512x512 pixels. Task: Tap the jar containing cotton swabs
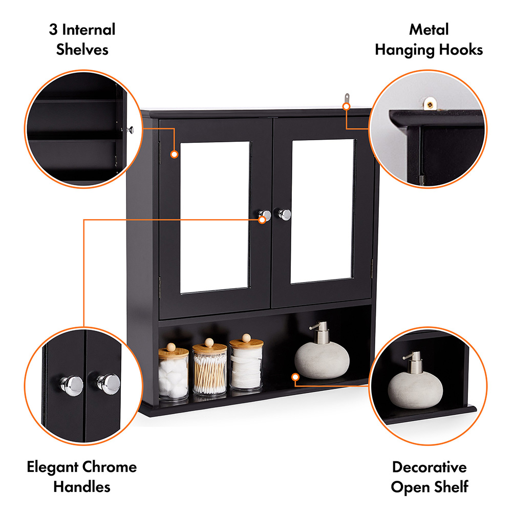point(209,370)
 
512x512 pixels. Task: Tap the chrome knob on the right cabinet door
point(285,215)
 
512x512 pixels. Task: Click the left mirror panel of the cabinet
point(215,218)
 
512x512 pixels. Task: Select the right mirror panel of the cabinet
point(323,211)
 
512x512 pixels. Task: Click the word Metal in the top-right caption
point(429,30)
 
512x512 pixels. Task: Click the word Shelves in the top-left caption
point(82,50)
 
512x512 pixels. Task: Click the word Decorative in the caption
point(429,467)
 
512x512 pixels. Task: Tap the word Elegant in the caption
point(52,467)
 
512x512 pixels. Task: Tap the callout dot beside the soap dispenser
point(295,377)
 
